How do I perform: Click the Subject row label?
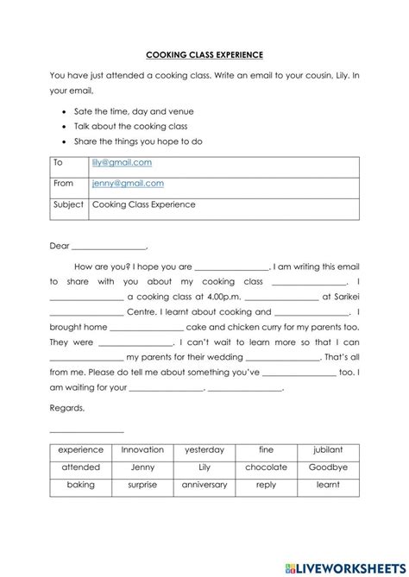(x=68, y=204)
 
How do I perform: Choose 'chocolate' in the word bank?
(x=266, y=467)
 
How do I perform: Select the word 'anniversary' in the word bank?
(x=204, y=485)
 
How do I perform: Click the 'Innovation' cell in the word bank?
(x=142, y=449)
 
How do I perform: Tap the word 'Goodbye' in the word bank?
(x=328, y=467)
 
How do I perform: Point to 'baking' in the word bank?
(x=81, y=485)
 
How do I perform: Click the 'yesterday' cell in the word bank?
(x=204, y=449)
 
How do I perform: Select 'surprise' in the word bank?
(x=142, y=485)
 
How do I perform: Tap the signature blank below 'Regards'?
(x=86, y=430)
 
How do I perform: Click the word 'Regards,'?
(x=67, y=408)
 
